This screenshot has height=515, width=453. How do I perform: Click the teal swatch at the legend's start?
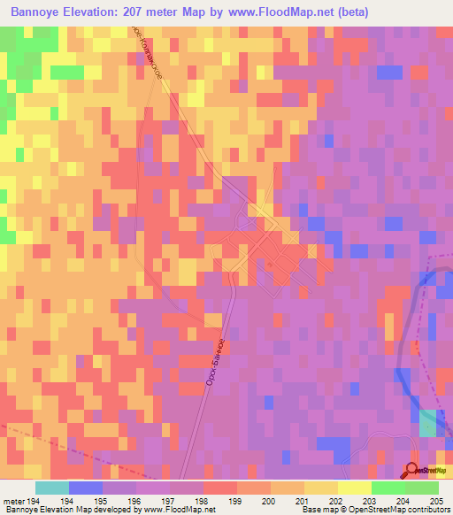(x=52, y=488)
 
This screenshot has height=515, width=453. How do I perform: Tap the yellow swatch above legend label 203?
(x=354, y=488)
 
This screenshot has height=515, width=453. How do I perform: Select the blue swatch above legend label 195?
(x=86, y=488)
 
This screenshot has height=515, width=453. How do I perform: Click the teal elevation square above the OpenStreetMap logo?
(x=427, y=423)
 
